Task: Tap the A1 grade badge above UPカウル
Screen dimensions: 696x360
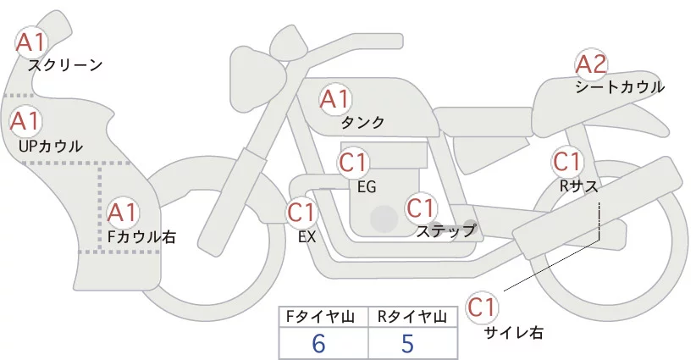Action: click(25, 121)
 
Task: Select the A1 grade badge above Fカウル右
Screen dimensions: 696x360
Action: click(123, 211)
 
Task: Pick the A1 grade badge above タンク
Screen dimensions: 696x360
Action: click(334, 100)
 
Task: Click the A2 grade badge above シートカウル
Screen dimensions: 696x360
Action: click(591, 64)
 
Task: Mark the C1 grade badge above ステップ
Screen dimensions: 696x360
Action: click(421, 207)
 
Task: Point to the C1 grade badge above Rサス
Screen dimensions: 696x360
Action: click(566, 161)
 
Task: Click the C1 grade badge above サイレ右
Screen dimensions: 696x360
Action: click(483, 306)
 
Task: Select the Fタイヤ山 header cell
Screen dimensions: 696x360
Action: click(323, 317)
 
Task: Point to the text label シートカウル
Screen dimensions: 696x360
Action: click(620, 87)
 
